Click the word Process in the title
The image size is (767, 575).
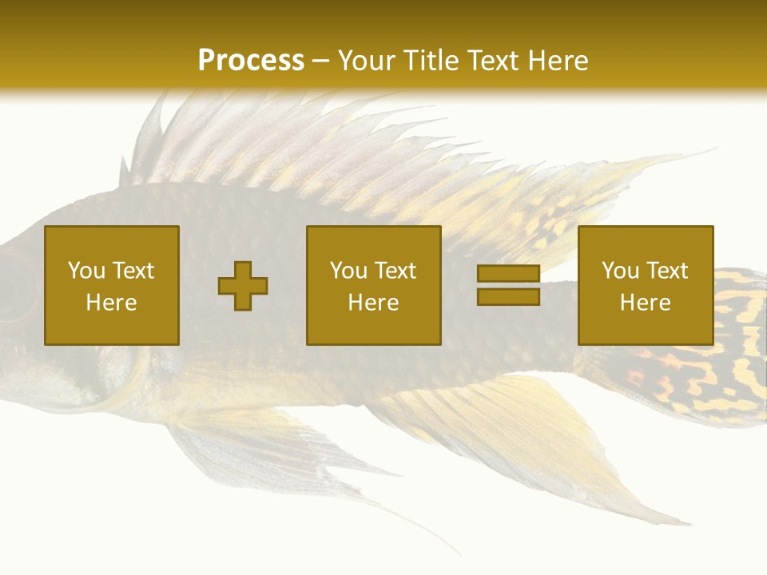click(x=251, y=60)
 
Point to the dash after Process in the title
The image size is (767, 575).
click(x=321, y=61)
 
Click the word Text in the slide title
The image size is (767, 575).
click(x=496, y=60)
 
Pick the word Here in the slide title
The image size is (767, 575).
click(x=559, y=60)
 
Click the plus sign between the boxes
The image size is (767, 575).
click(x=243, y=285)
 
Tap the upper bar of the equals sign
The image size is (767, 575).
click(x=508, y=273)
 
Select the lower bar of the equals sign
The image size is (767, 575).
click(x=508, y=296)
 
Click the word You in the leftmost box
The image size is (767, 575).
click(x=85, y=271)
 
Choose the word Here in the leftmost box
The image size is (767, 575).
click(x=111, y=303)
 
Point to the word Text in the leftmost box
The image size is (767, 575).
click(x=132, y=271)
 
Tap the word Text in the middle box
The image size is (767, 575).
click(x=395, y=271)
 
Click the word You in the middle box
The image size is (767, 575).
click(x=348, y=271)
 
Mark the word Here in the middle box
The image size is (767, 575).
click(x=374, y=303)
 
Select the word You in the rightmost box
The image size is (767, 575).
click(x=620, y=271)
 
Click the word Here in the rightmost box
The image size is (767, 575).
click(x=646, y=303)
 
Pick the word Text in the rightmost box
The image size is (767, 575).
click(x=666, y=271)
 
